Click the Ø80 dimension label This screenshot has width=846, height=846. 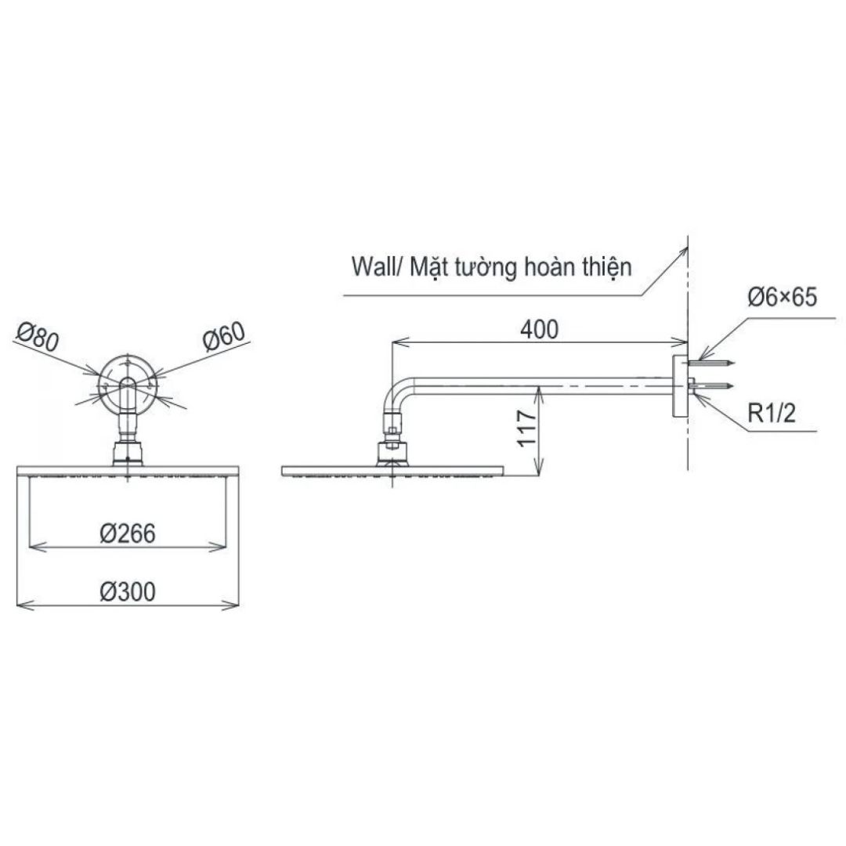click(38, 338)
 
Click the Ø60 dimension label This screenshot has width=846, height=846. click(224, 337)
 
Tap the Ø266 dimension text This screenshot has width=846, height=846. click(128, 533)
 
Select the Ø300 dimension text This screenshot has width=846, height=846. click(128, 591)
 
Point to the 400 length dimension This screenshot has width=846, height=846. click(539, 330)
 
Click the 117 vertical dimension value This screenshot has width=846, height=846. click(527, 428)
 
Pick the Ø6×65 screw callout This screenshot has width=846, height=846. click(783, 298)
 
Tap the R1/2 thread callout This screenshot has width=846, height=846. click(772, 414)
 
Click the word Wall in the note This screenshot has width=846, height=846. click(372, 266)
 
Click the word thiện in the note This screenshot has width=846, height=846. click(606, 266)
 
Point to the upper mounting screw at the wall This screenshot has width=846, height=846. click(711, 363)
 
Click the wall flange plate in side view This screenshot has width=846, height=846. click(681, 386)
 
